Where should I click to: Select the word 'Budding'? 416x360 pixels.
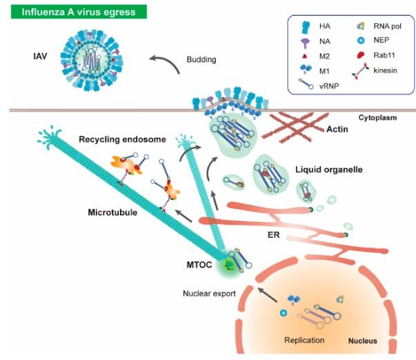point(202,60)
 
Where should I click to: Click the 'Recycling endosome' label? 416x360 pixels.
point(131,139)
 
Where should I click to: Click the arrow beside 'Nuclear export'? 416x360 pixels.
point(268,296)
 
